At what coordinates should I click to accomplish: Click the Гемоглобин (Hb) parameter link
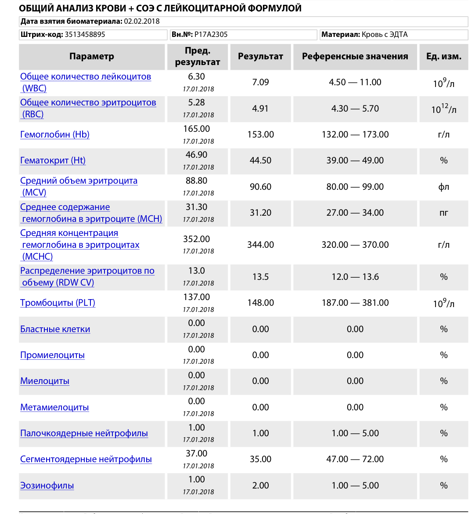[x=55, y=134]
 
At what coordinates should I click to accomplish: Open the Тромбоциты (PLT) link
[x=58, y=303]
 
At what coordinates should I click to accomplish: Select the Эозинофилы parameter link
[x=47, y=485]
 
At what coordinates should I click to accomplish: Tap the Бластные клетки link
[x=55, y=329]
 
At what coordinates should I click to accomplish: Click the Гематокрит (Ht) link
[x=53, y=160]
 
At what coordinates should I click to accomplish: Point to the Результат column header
[x=260, y=56]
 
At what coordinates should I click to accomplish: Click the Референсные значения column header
[x=355, y=56]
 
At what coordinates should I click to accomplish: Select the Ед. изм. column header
[x=443, y=56]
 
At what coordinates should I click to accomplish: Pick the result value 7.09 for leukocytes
[x=260, y=82]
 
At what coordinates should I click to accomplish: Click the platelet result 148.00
[x=260, y=303]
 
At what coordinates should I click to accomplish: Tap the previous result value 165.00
[x=196, y=129]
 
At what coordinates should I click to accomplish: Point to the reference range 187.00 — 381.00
[x=355, y=303]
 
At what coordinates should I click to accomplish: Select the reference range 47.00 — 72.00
[x=355, y=459]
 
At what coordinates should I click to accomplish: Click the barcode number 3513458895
[x=85, y=34]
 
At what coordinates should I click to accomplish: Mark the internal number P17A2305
[x=211, y=34]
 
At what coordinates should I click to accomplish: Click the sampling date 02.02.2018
[x=142, y=21]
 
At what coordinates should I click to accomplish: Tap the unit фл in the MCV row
[x=443, y=187]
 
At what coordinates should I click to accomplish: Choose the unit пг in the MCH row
[x=443, y=213]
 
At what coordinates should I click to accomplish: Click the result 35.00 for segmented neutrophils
[x=260, y=459]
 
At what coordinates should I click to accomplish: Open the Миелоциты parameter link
[x=45, y=381]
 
